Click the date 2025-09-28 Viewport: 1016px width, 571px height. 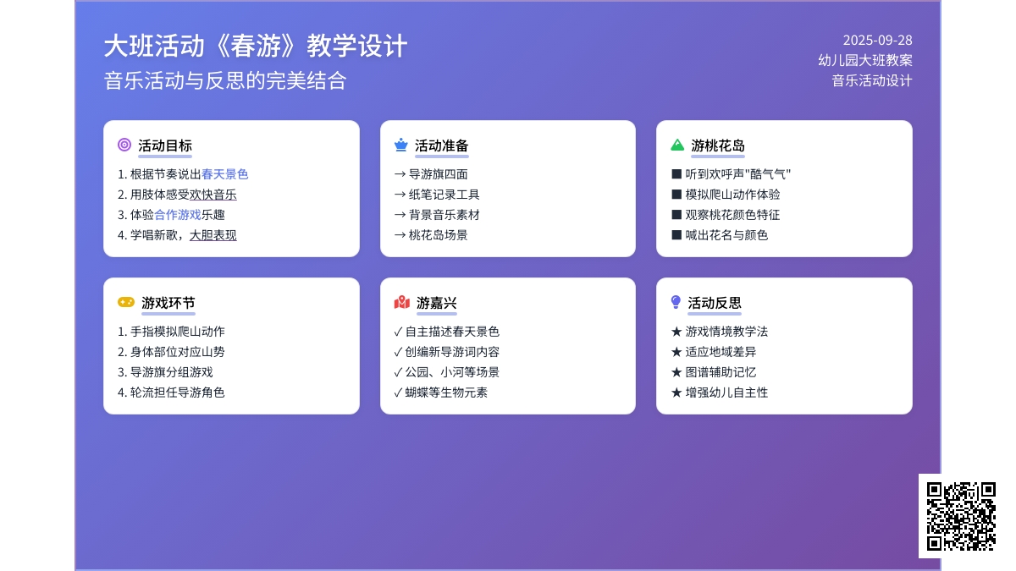click(x=877, y=41)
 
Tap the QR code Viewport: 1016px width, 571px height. click(x=961, y=516)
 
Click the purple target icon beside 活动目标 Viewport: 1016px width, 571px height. click(x=124, y=145)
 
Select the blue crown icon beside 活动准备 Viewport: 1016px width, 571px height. click(x=401, y=145)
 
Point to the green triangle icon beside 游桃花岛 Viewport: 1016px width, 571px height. click(x=677, y=145)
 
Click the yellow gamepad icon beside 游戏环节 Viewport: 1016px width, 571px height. click(x=126, y=302)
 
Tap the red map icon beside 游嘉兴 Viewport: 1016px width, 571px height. click(x=402, y=302)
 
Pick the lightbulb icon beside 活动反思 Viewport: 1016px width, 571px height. click(x=676, y=302)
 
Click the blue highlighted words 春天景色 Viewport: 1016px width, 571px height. click(x=224, y=174)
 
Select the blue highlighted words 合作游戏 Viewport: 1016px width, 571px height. click(x=177, y=215)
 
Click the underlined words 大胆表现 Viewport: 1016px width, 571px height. click(x=213, y=235)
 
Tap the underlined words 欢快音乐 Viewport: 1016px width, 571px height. click(x=213, y=195)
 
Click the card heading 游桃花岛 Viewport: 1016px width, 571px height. click(x=718, y=145)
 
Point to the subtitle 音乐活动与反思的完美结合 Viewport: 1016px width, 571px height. click(x=225, y=80)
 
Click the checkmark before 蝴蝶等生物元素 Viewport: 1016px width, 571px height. click(x=398, y=393)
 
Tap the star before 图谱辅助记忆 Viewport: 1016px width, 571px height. click(x=676, y=372)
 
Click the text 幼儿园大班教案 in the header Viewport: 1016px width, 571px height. click(x=865, y=60)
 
